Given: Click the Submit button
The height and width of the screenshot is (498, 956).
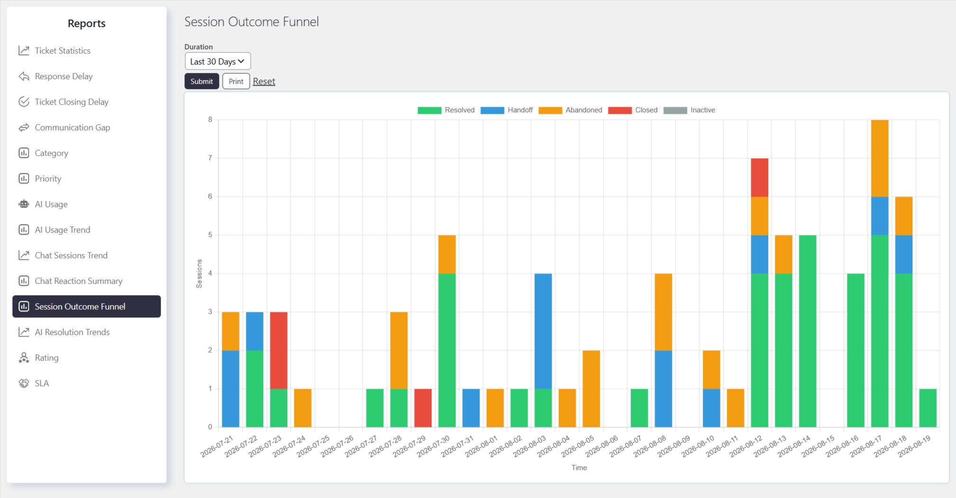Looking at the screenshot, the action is (x=202, y=81).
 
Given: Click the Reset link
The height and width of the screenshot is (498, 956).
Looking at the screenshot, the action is (x=264, y=81).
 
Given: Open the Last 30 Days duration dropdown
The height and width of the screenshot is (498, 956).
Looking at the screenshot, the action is (x=218, y=62).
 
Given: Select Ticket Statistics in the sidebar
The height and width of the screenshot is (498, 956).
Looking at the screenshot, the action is (x=63, y=51).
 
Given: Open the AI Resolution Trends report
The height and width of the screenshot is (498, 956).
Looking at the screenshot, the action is (x=72, y=332).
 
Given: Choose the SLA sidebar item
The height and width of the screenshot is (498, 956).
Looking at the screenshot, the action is (x=42, y=383).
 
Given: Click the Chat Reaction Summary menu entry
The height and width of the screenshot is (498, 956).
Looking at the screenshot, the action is (x=79, y=281).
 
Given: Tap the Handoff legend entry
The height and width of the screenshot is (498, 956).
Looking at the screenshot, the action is (x=506, y=110).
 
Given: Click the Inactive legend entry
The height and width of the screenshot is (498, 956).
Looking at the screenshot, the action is (x=689, y=110).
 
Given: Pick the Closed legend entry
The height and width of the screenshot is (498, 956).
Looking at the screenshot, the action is (x=633, y=110).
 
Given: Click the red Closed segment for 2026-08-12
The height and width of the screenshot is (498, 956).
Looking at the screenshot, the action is (x=760, y=178).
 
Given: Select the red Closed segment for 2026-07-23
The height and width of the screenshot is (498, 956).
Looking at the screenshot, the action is (x=279, y=351).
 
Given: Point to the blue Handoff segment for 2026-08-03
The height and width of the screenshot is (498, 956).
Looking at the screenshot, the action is (x=543, y=331).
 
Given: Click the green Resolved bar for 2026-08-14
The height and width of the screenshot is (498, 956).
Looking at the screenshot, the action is (x=808, y=331).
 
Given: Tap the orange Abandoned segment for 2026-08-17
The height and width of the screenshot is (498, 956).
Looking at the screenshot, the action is (x=880, y=158).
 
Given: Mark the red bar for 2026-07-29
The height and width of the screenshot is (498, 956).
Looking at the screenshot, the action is (x=423, y=408).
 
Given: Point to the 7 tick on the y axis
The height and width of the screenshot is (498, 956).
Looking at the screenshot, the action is (x=210, y=158).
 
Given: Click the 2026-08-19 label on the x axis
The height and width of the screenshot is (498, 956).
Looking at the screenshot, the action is (x=914, y=446).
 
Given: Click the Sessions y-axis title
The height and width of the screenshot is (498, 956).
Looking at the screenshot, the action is (x=199, y=273).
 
